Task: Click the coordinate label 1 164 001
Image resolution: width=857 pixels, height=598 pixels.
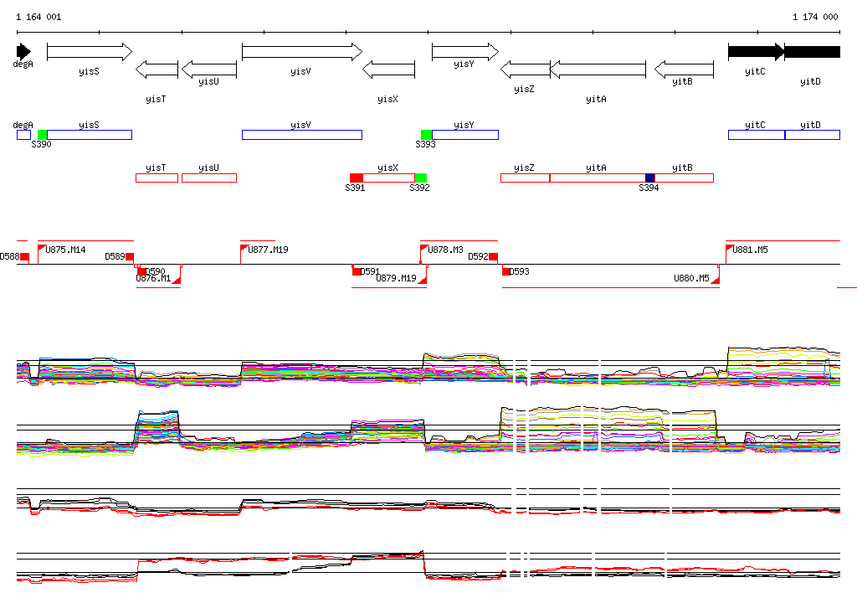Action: [38, 17]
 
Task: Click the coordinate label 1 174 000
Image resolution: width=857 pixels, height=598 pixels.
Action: [815, 17]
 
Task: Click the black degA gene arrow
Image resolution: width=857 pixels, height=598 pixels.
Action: [23, 51]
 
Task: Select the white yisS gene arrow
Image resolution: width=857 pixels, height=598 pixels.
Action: [89, 52]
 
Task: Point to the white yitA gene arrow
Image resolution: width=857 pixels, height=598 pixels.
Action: [598, 69]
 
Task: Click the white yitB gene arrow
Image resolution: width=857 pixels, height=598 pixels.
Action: [684, 69]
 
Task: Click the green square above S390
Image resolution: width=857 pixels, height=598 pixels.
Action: [43, 135]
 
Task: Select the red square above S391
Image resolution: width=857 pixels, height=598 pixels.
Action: [357, 178]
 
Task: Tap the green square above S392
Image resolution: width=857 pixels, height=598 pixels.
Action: [420, 178]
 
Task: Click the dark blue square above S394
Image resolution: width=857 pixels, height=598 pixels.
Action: [650, 178]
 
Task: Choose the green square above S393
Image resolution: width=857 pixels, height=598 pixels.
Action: [426, 135]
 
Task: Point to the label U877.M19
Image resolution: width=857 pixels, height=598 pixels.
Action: [268, 250]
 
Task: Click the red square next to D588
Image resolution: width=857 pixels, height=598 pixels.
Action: [25, 256]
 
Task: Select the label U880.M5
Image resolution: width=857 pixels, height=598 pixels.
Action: [691, 278]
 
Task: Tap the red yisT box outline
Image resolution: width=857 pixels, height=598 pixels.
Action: [157, 178]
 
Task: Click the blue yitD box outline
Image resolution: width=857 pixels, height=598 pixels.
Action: [812, 135]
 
